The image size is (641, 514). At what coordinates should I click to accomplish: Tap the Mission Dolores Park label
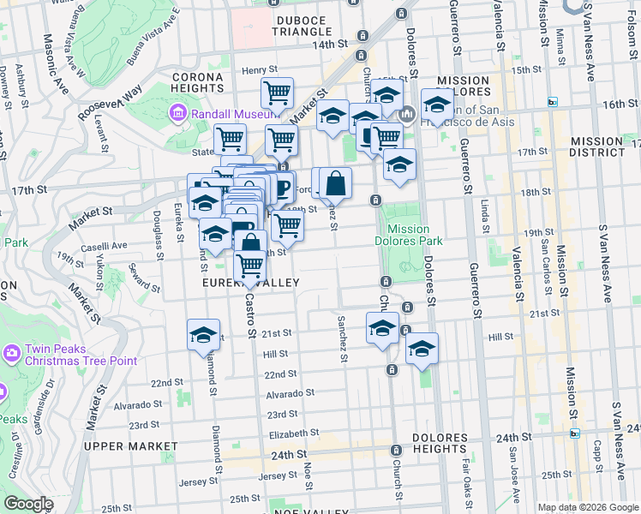[415, 235]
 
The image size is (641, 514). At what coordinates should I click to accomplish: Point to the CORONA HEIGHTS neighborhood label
[198, 82]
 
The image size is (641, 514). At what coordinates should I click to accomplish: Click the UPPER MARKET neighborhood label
[131, 446]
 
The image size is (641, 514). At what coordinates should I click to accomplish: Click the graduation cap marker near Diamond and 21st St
[203, 334]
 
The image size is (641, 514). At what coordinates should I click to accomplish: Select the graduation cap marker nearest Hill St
[422, 348]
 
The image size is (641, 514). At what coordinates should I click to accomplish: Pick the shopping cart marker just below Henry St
[277, 93]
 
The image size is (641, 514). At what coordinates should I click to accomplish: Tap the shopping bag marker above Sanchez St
[336, 182]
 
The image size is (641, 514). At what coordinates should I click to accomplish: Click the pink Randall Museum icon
[177, 112]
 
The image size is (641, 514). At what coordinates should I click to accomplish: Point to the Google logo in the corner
[28, 504]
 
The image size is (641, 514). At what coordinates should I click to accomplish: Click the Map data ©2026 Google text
[588, 507]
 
